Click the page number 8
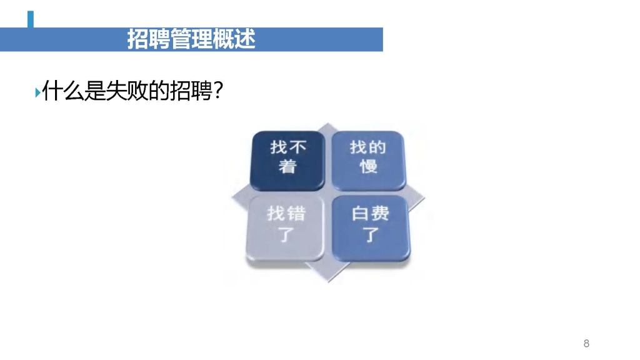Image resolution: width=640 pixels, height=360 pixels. (x=586, y=343)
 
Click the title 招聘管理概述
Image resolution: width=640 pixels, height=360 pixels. (x=191, y=39)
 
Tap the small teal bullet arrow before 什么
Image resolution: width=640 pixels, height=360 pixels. (x=37, y=92)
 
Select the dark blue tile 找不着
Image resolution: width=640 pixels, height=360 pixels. (x=287, y=161)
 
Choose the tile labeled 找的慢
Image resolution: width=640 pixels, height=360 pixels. (x=368, y=161)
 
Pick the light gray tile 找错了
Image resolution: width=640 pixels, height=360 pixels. (x=285, y=228)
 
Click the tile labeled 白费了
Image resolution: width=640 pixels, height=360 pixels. (x=371, y=228)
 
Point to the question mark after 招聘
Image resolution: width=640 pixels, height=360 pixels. (x=218, y=91)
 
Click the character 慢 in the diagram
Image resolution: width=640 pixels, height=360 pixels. (x=368, y=166)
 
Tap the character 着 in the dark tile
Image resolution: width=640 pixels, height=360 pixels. (x=287, y=166)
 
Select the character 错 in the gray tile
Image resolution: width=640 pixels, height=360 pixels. (x=296, y=214)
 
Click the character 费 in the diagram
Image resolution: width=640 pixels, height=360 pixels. (x=381, y=214)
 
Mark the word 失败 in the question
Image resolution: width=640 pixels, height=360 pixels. (x=127, y=91)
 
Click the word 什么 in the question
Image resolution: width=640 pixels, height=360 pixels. (x=63, y=91)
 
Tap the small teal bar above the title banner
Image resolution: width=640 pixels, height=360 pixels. (x=31, y=19)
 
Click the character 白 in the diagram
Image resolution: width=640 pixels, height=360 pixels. (x=361, y=214)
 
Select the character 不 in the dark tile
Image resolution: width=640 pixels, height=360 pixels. (x=297, y=147)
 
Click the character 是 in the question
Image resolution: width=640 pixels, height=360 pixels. (x=95, y=91)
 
